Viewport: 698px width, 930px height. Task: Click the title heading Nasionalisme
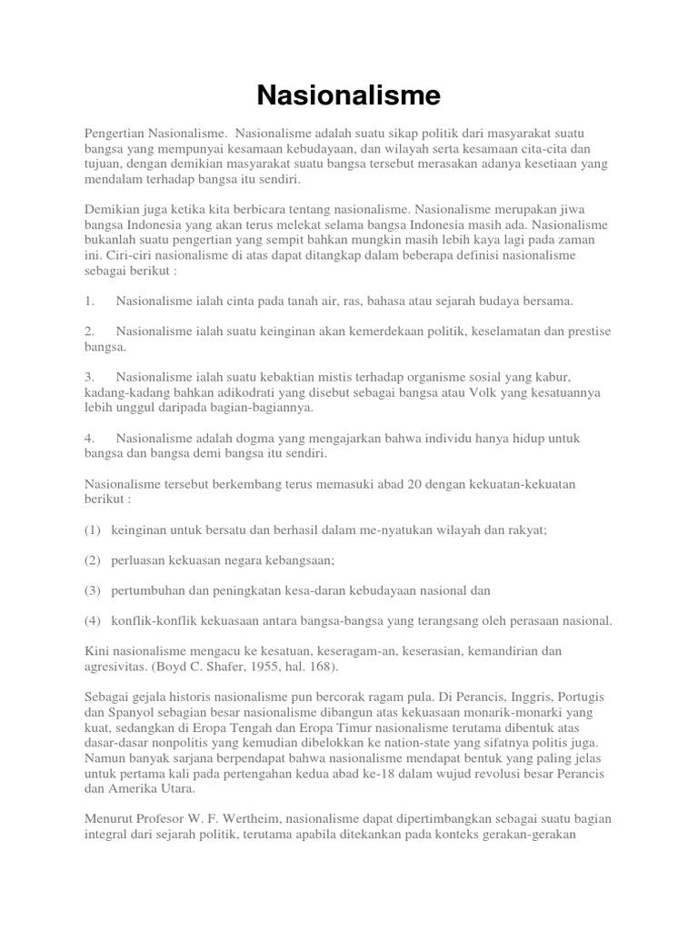[349, 94]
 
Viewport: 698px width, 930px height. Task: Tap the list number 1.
[89, 300]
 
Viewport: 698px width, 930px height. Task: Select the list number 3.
[89, 376]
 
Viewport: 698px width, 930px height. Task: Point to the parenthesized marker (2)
[93, 560]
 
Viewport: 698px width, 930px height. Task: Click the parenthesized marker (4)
[93, 620]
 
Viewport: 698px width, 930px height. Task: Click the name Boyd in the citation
[177, 667]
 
